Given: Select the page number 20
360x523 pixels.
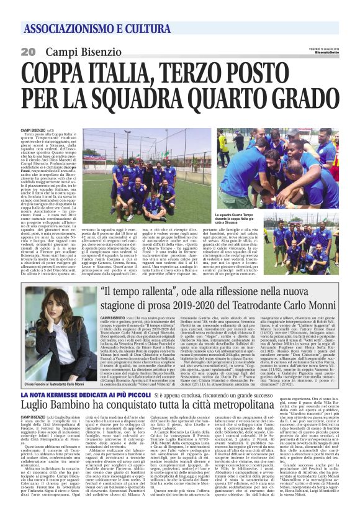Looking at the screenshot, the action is click(29, 51).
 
